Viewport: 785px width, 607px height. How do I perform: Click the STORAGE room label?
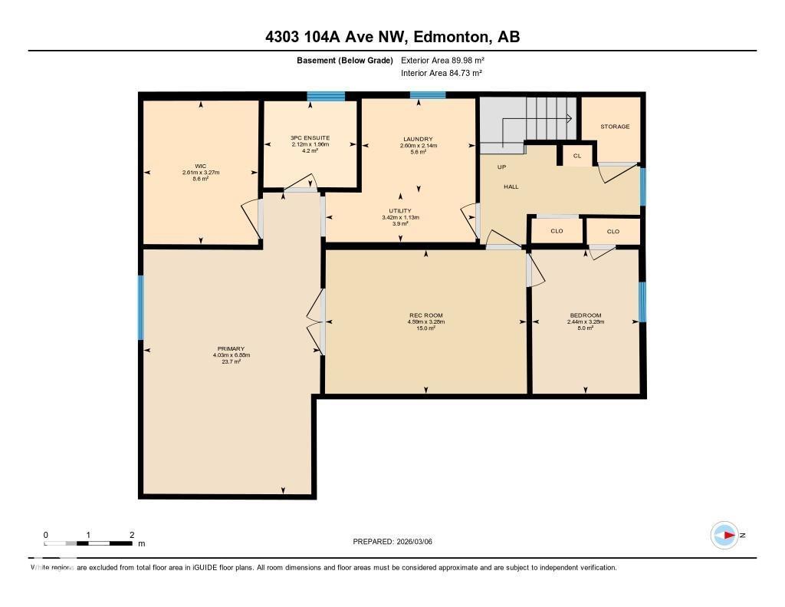click(615, 127)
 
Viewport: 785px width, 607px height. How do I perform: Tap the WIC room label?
click(201, 166)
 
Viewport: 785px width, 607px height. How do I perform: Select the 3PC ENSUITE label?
click(310, 138)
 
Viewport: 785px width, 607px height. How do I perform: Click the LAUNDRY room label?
click(418, 139)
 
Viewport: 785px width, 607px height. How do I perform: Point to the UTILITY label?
click(400, 210)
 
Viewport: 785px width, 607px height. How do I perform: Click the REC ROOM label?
click(425, 315)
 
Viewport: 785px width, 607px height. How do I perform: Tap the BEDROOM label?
click(586, 315)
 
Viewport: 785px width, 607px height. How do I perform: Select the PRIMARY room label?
click(231, 349)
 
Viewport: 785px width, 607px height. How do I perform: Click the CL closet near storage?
click(577, 156)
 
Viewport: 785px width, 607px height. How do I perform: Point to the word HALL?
click(511, 186)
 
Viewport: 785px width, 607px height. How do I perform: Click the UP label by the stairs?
click(501, 167)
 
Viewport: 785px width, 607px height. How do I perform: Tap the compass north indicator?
click(725, 535)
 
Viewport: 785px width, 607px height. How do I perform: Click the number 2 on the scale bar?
click(132, 535)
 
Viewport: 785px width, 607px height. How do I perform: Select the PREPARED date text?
click(397, 542)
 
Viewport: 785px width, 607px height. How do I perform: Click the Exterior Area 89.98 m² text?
click(443, 60)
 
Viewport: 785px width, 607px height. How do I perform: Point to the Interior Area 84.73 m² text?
click(442, 73)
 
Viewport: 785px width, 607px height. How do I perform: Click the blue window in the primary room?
click(141, 307)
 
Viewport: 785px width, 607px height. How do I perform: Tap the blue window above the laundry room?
click(427, 95)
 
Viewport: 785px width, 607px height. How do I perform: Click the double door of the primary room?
click(316, 324)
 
